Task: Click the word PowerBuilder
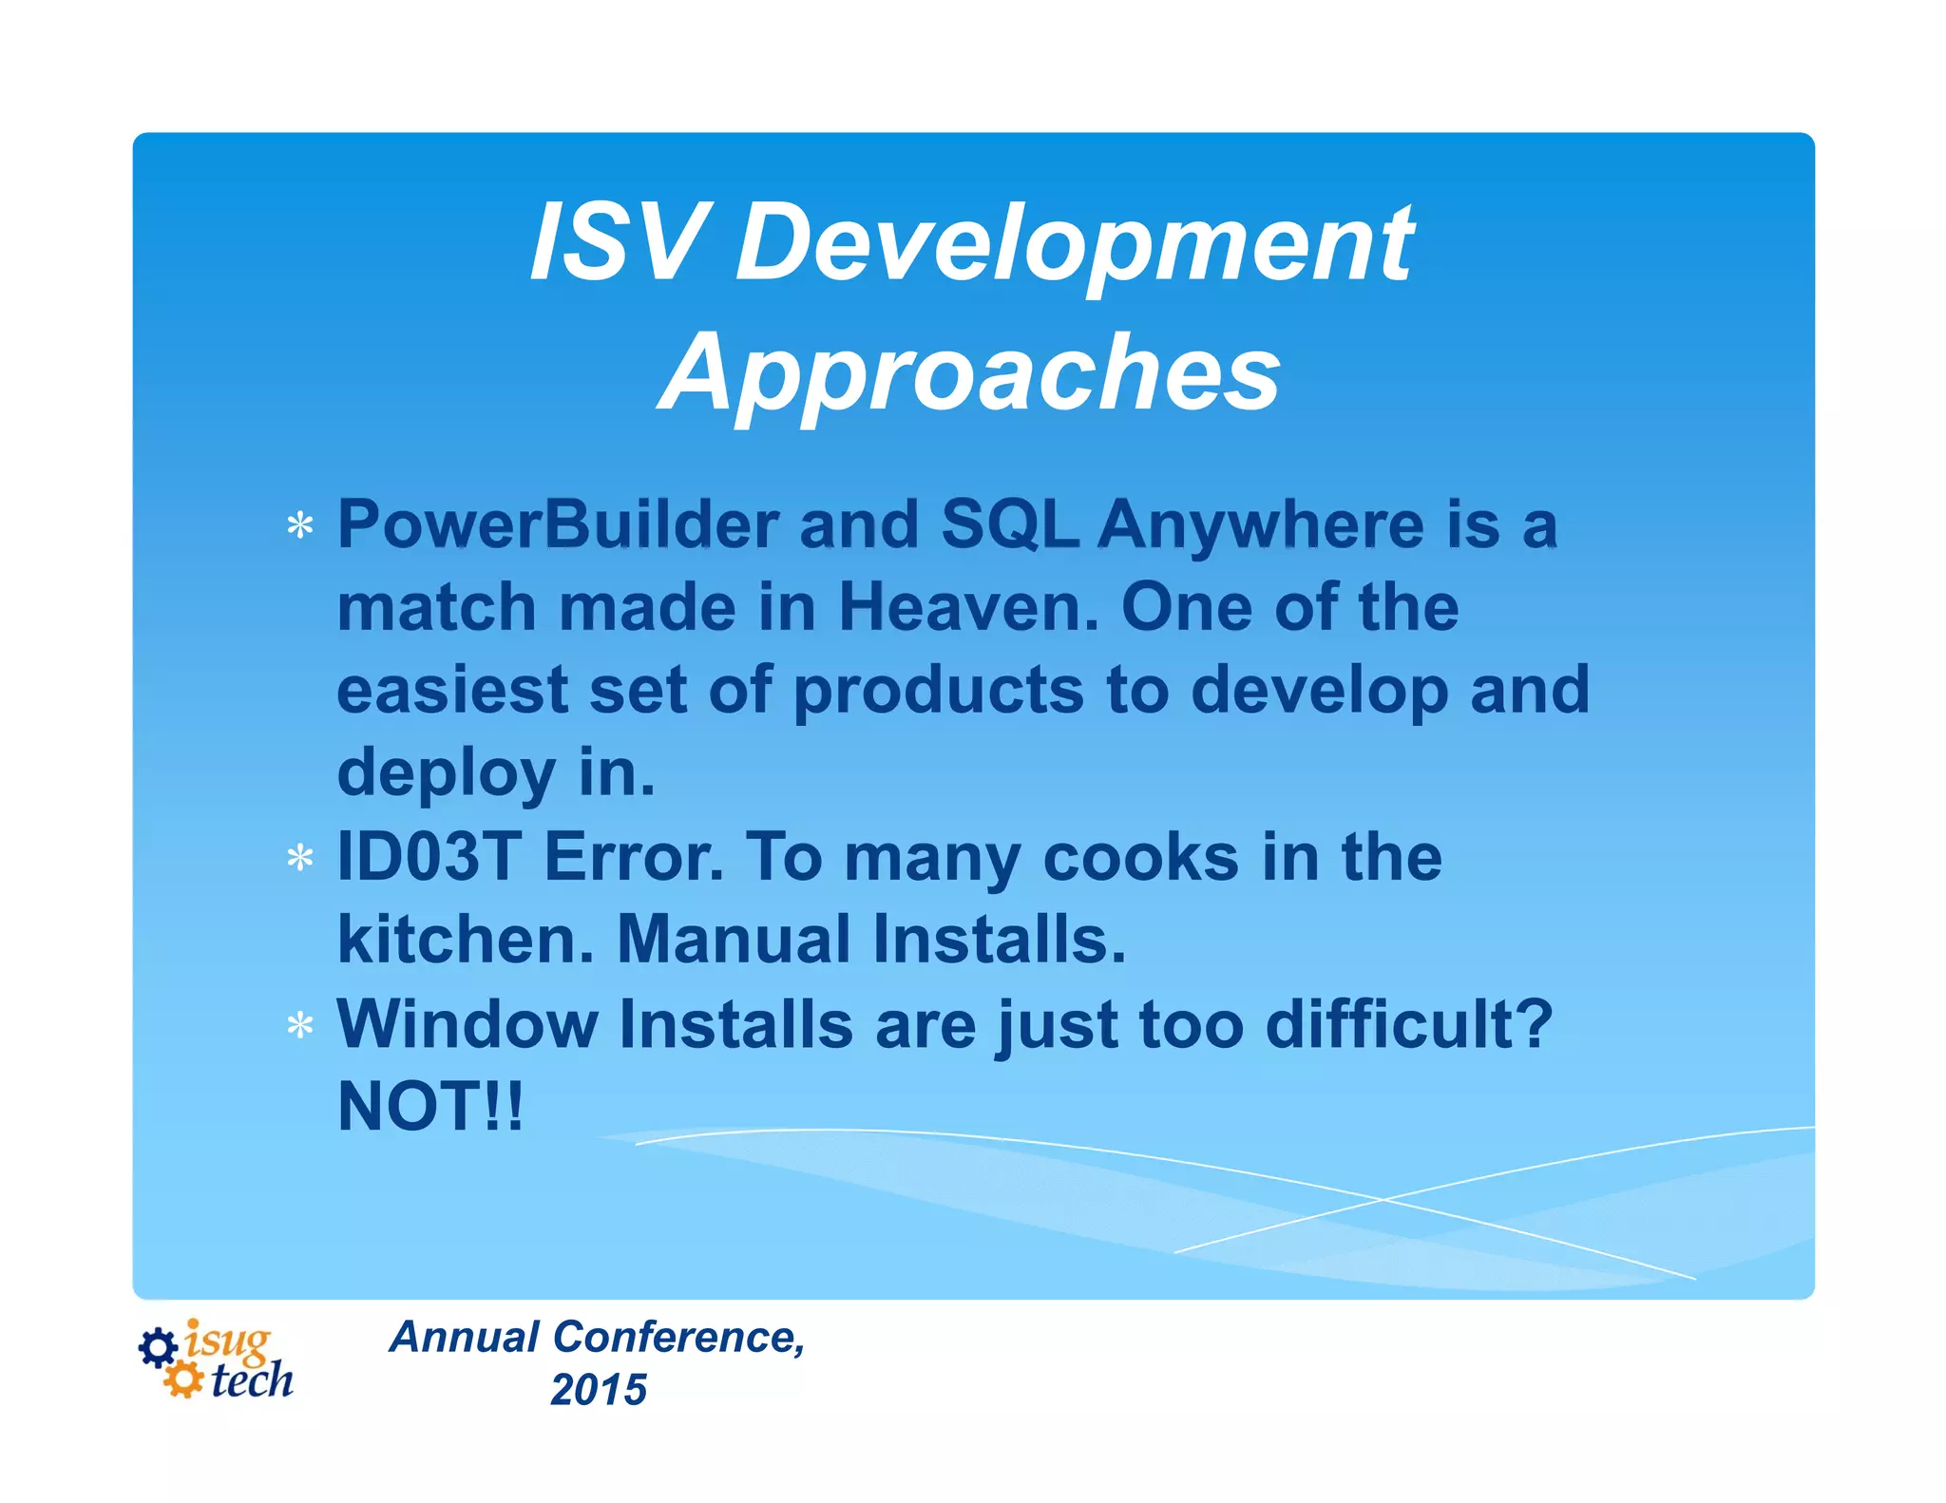[558, 524]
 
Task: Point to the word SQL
[1010, 524]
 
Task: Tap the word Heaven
[967, 607]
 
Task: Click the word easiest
[451, 690]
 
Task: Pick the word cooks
[1140, 857]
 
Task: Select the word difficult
[1408, 1024]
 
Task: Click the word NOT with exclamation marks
[429, 1107]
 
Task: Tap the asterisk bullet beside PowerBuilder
[300, 525]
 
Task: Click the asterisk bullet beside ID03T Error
[300, 858]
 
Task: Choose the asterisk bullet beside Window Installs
[300, 1026]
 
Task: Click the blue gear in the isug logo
[158, 1347]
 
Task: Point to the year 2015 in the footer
[599, 1390]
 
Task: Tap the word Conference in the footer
[678, 1338]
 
